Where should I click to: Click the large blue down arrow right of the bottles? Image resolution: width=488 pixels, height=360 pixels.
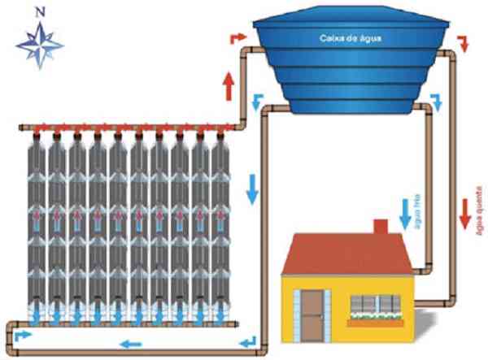tap(253, 187)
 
